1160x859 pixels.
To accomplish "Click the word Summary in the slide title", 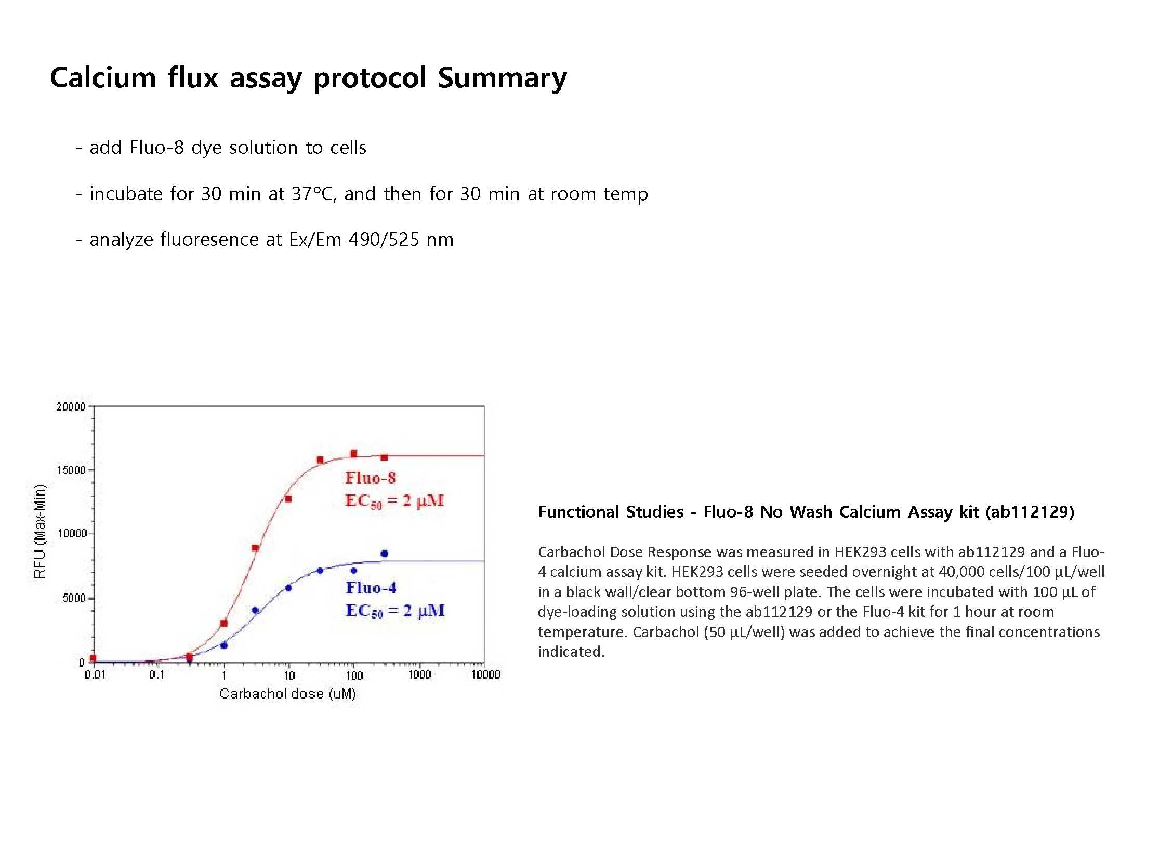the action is [x=502, y=78].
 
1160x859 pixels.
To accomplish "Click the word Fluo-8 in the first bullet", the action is [x=156, y=148].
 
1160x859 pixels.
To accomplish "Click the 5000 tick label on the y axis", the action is [x=73, y=599].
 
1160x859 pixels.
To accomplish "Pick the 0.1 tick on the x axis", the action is [x=157, y=675].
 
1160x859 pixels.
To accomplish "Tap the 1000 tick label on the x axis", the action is [x=419, y=675].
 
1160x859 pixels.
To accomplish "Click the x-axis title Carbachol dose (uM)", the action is [x=287, y=694].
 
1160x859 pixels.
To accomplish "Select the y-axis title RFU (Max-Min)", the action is [x=39, y=531].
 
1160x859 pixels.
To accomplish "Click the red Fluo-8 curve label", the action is [x=370, y=478].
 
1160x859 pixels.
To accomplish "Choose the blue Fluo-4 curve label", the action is [x=371, y=588].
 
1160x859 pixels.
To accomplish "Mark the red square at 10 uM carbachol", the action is [x=288, y=499].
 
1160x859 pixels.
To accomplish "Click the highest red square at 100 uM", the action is [x=353, y=454].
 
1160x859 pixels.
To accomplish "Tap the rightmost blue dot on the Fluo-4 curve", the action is [x=384, y=553].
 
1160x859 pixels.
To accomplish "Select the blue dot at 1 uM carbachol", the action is [x=224, y=645].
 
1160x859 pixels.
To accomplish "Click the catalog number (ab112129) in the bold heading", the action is [x=1030, y=512].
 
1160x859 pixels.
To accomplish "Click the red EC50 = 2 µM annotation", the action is [x=394, y=501].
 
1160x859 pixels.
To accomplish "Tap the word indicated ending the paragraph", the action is [x=571, y=652].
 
